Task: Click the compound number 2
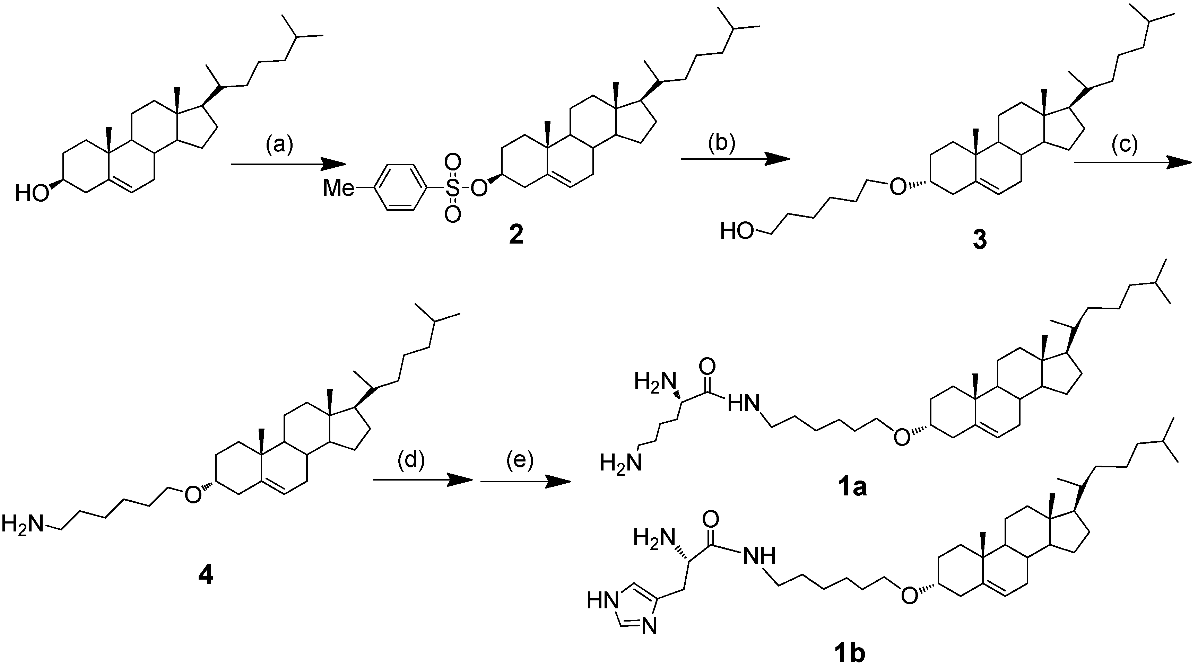tap(516, 235)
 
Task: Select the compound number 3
tap(979, 240)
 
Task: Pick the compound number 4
tap(206, 576)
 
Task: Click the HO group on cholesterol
tap(32, 193)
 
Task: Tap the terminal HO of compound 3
tap(737, 231)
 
